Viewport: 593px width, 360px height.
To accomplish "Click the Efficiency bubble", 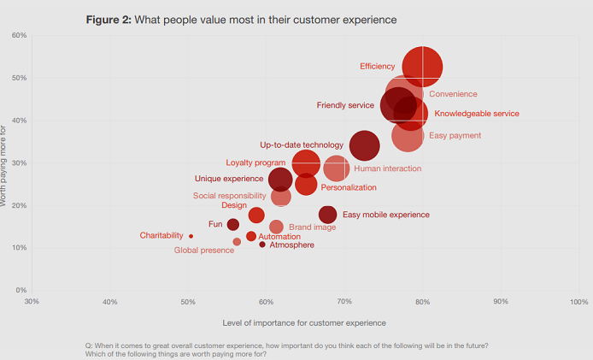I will tap(422, 68).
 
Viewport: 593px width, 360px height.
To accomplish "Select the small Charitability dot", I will tap(191, 236).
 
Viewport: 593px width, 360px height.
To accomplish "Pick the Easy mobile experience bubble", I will tap(327, 215).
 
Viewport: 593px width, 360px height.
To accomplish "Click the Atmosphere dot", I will tap(262, 245).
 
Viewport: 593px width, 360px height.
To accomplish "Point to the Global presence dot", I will tap(237, 242).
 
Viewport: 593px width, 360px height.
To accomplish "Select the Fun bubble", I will tap(232, 225).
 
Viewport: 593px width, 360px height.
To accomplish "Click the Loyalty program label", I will tap(255, 162).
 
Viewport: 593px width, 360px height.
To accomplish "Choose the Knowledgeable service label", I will tap(476, 114).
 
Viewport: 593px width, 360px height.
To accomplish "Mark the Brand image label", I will tap(312, 227).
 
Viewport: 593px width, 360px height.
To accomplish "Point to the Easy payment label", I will tap(455, 135).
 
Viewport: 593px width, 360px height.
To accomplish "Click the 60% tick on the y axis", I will tap(18, 35).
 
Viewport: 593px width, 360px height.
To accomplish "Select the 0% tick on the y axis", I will tap(21, 291).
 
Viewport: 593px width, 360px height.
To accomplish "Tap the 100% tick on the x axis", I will tap(578, 302).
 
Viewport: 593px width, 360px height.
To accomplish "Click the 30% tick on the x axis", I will tap(32, 302).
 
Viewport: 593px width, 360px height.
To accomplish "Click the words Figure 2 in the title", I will tap(108, 19).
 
